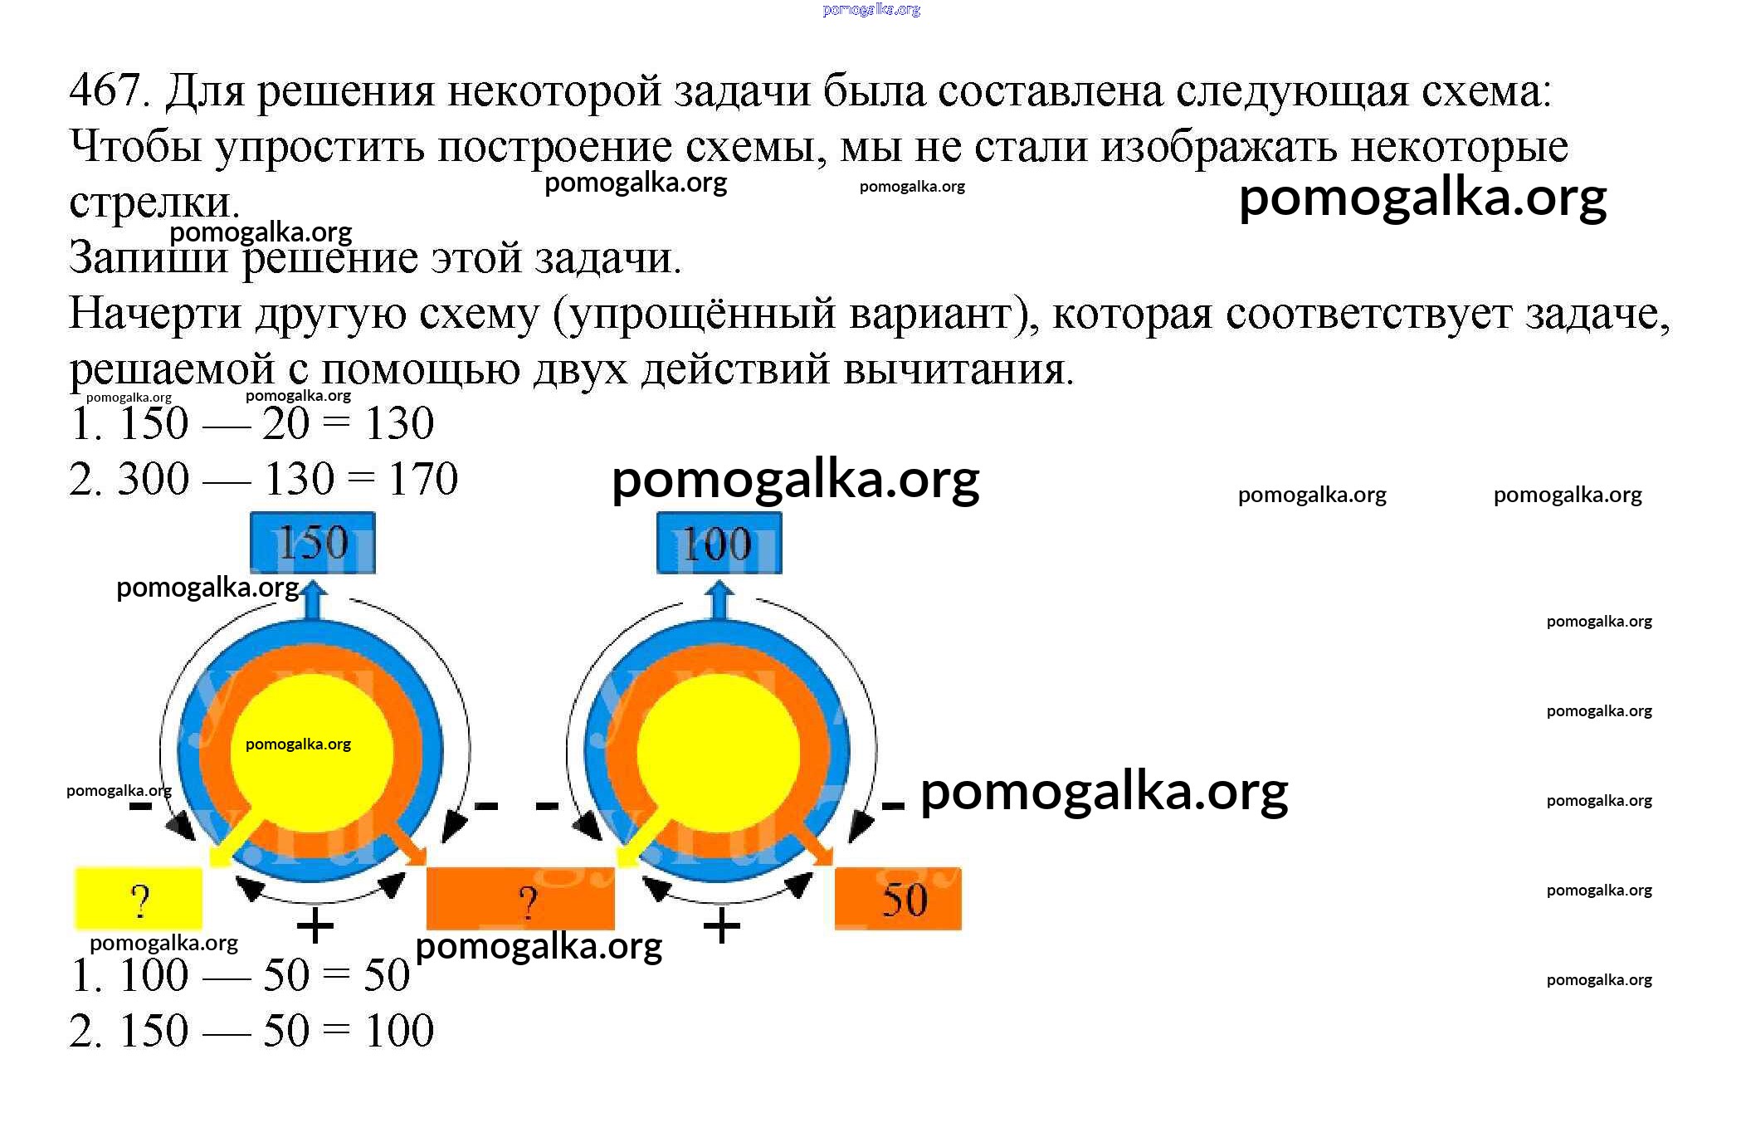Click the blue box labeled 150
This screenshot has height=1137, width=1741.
click(312, 543)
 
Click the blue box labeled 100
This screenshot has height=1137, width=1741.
click(719, 543)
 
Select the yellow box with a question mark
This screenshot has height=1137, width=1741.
click(139, 899)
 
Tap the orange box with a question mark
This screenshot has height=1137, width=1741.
click(520, 899)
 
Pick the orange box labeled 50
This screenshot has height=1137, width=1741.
click(898, 899)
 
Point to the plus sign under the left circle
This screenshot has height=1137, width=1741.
click(315, 926)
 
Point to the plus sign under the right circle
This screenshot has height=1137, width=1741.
click(722, 926)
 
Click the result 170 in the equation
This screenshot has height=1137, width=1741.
click(423, 479)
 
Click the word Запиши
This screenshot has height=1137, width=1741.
click(148, 257)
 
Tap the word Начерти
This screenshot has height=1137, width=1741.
click(155, 314)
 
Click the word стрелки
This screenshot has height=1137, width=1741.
click(154, 202)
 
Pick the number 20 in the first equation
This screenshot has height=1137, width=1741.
click(285, 423)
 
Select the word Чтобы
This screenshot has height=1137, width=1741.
click(135, 147)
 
